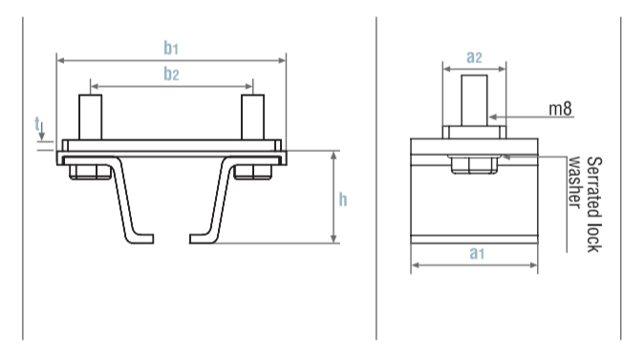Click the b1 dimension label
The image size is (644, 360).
click(x=171, y=48)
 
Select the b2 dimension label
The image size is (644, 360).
click(x=171, y=74)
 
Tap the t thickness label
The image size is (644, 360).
click(x=37, y=123)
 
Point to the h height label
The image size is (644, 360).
click(x=343, y=200)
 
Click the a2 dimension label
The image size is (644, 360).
click(x=474, y=56)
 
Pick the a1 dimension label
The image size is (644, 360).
click(x=477, y=253)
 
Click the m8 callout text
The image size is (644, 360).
click(x=560, y=109)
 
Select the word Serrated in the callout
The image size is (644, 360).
click(x=594, y=187)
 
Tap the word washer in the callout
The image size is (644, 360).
click(x=574, y=182)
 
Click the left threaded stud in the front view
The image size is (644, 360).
click(x=91, y=117)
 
